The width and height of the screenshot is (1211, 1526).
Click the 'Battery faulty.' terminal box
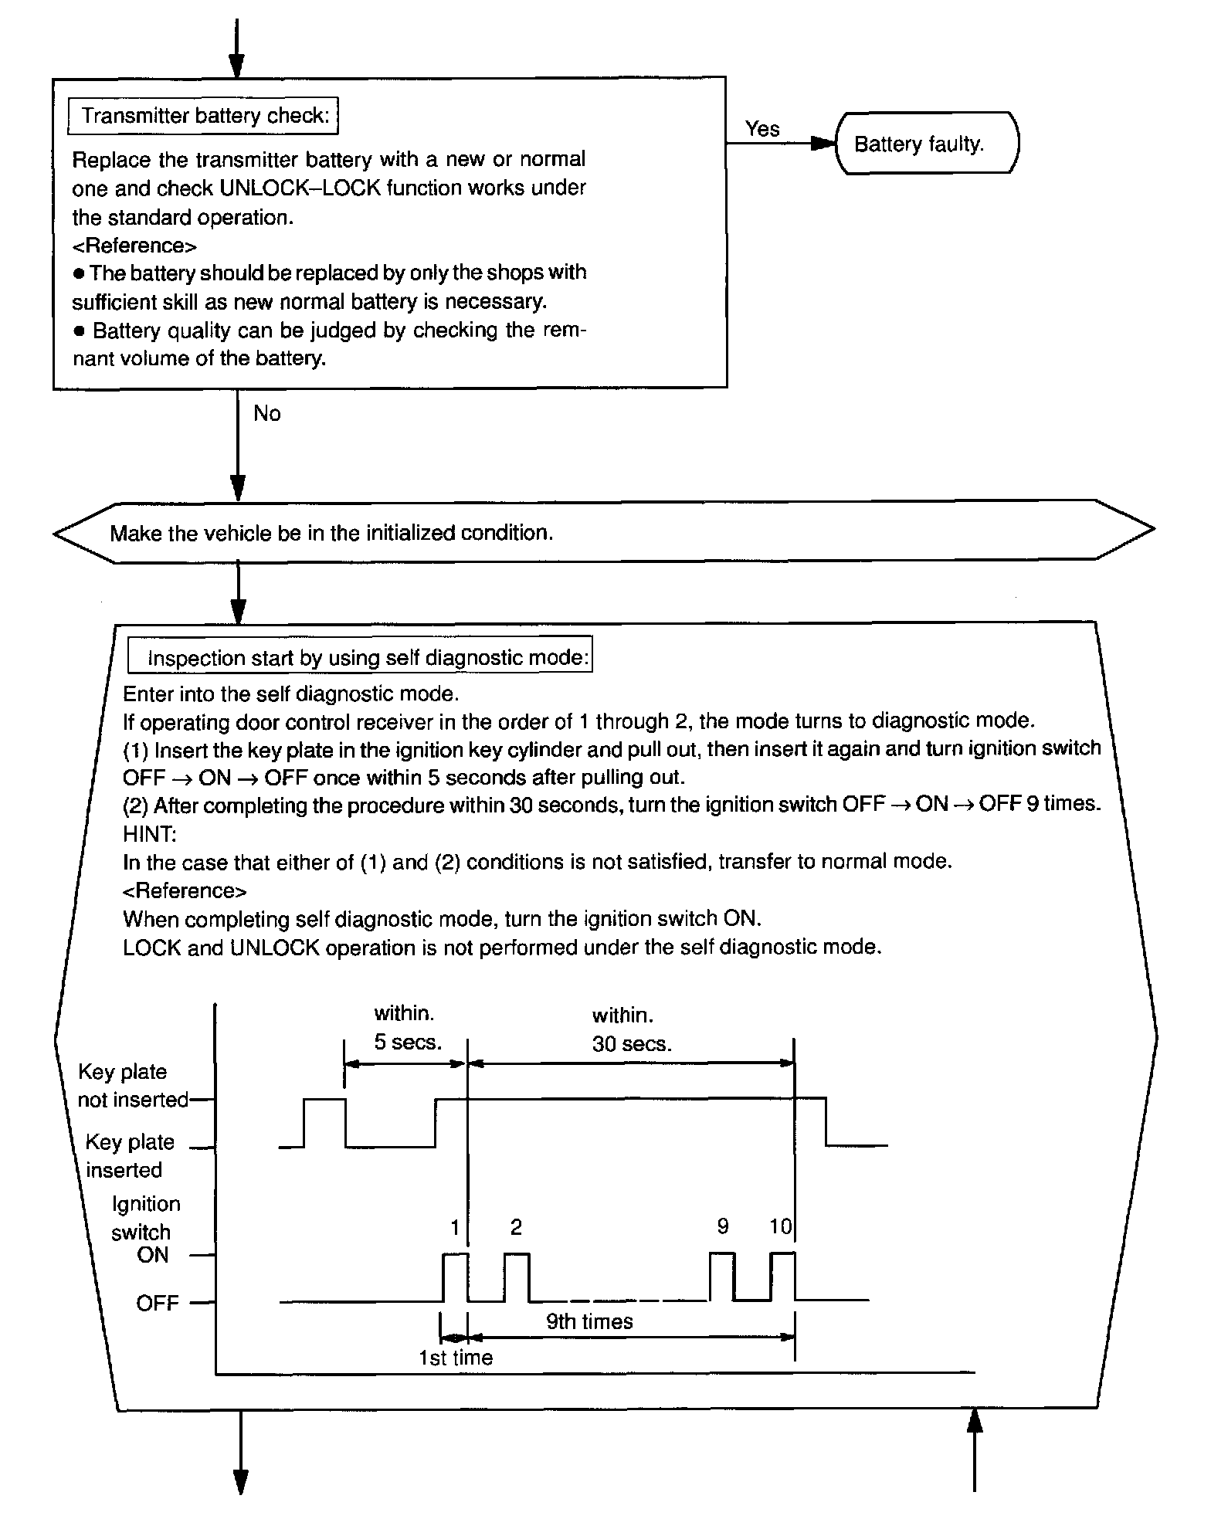(926, 144)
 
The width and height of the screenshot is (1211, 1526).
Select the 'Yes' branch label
(762, 129)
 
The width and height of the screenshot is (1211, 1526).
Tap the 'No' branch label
(266, 414)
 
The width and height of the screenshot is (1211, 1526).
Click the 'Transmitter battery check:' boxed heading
(205, 116)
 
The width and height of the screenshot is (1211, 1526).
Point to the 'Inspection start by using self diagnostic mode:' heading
(360, 658)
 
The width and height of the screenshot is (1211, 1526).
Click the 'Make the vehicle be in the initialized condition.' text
(331, 533)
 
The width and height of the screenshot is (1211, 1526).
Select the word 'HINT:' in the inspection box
(149, 834)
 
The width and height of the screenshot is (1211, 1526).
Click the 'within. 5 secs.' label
(407, 1028)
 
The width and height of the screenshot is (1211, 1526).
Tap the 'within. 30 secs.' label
(631, 1029)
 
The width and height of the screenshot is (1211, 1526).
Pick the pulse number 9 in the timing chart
(723, 1226)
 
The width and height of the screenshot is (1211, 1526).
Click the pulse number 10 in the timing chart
(780, 1226)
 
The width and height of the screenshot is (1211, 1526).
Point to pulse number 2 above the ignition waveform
(516, 1226)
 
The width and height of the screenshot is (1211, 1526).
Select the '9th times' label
(589, 1321)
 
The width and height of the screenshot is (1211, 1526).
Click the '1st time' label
(456, 1358)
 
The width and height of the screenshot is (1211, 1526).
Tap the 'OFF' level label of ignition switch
(158, 1304)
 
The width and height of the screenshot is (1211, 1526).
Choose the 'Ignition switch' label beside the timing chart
(145, 1218)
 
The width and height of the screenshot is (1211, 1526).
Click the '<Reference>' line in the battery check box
(134, 246)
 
